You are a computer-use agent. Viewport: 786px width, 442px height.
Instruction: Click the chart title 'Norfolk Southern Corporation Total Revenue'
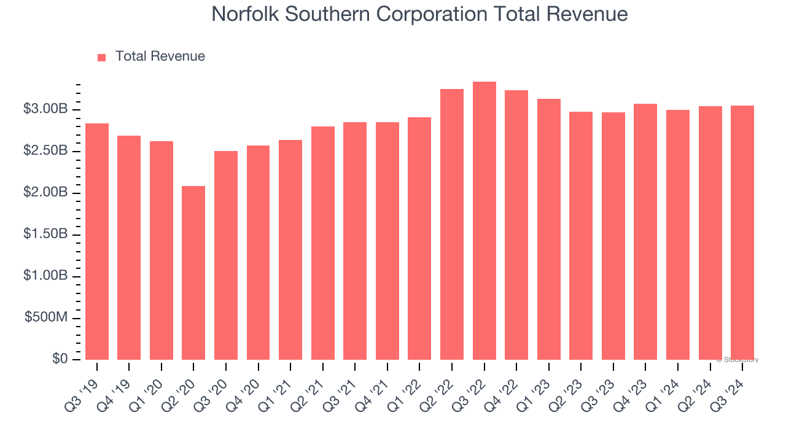point(419,14)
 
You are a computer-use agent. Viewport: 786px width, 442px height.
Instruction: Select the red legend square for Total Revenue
point(102,57)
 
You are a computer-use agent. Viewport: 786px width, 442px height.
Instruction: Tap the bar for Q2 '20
point(193,273)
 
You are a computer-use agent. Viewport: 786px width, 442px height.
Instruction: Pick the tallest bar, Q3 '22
point(484,221)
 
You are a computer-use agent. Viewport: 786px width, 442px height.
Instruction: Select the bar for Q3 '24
point(742,233)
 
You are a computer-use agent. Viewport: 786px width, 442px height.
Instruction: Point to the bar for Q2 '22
point(452,224)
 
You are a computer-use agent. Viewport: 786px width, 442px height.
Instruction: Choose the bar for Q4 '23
point(645,231)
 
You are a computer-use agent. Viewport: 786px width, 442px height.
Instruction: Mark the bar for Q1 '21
point(290,250)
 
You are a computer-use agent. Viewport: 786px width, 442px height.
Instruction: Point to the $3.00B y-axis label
point(45,109)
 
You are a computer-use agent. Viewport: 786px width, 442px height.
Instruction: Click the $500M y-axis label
point(46,318)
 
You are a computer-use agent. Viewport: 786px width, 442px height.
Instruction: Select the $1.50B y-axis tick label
point(45,235)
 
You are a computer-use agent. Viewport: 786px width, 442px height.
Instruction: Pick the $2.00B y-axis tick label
point(45,193)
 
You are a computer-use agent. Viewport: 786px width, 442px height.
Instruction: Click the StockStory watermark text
point(737,360)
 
